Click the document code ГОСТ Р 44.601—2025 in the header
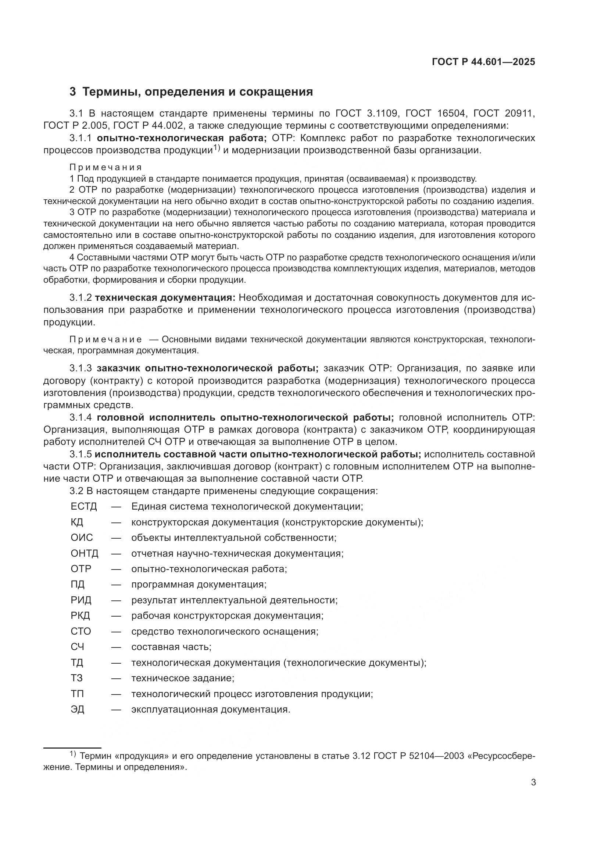pyautogui.click(x=483, y=62)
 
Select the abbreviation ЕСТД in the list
pyautogui.click(x=84, y=507)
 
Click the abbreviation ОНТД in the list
pyautogui.click(x=84, y=554)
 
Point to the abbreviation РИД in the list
pyautogui.click(x=81, y=600)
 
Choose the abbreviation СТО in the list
pyautogui.click(x=81, y=631)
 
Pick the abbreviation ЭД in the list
pyautogui.click(x=78, y=709)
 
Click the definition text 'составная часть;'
pyautogui.click(x=171, y=647)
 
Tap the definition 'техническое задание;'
pyautogui.click(x=183, y=678)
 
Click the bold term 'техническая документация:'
pyautogui.click(x=165, y=298)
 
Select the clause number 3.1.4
pyautogui.click(x=81, y=418)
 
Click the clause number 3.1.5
pyautogui.click(x=81, y=454)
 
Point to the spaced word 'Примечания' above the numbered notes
pyautogui.click(x=105, y=167)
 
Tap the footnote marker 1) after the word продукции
pyautogui.click(x=216, y=148)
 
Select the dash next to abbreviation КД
pyautogui.click(x=116, y=522)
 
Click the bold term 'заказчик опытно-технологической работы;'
pyautogui.click(x=207, y=368)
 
